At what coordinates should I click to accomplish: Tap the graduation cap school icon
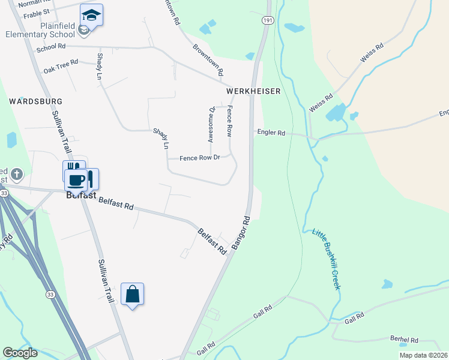(x=91, y=15)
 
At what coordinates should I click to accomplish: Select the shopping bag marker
(x=133, y=294)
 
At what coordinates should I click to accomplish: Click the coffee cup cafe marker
(x=76, y=179)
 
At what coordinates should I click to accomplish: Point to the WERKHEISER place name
(x=253, y=91)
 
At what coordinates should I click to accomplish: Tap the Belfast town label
(x=81, y=195)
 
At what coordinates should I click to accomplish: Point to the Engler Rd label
(x=271, y=133)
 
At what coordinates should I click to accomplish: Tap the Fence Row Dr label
(x=200, y=158)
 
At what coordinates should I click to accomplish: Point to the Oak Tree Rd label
(x=61, y=62)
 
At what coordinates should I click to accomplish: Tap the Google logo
(x=20, y=353)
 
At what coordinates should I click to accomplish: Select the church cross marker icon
(x=16, y=175)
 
